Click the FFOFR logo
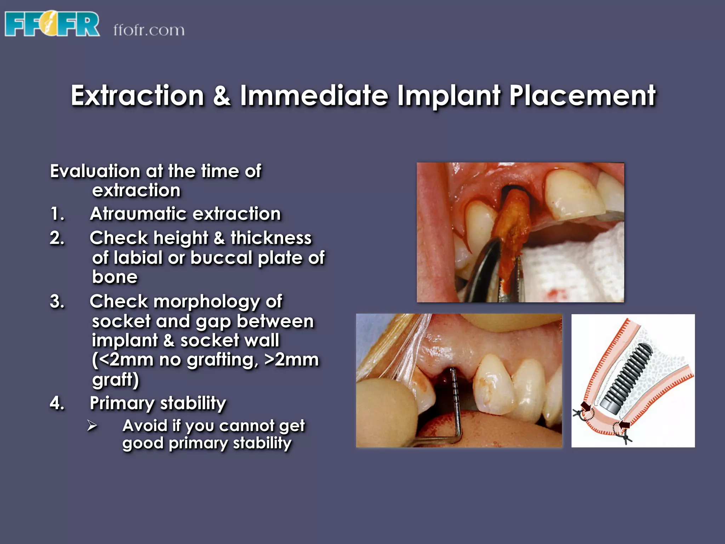coord(52,24)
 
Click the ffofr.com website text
coord(149,30)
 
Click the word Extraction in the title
coord(137,96)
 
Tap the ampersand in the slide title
coord(222,96)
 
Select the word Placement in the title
coord(582,96)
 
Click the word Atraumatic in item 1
coord(137,214)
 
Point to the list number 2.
coord(57,238)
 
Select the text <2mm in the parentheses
coord(122,360)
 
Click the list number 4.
coord(57,403)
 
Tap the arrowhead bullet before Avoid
coord(92,426)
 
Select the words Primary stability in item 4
coord(158,403)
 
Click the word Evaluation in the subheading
coord(95,171)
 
